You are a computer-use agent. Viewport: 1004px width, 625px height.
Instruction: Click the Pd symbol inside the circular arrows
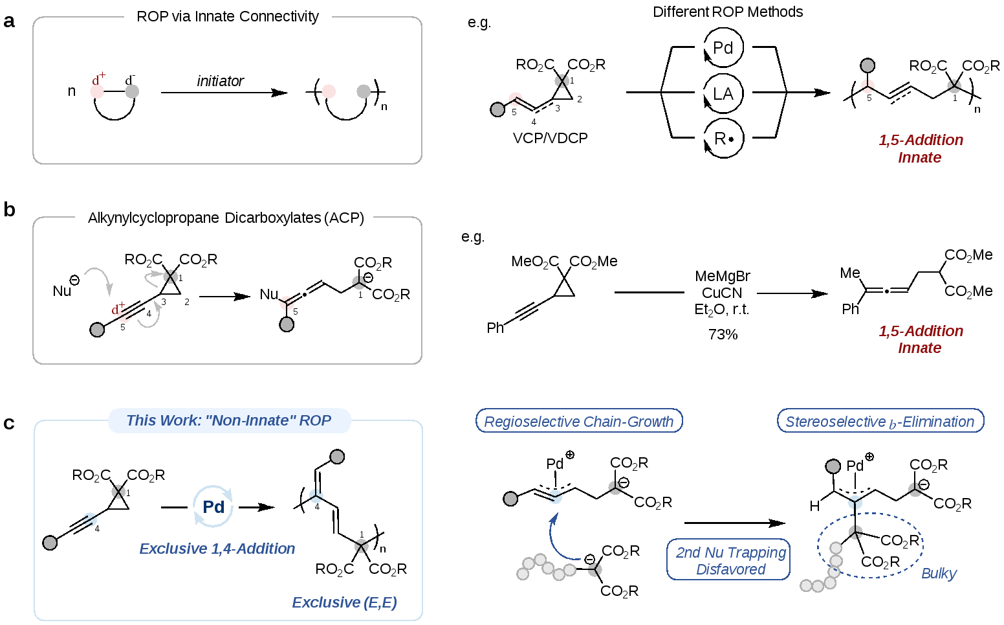[213, 506]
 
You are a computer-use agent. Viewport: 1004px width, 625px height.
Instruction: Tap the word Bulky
[939, 573]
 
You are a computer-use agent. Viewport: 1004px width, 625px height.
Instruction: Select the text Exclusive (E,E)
[344, 602]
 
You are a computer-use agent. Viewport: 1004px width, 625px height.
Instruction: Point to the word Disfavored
[730, 569]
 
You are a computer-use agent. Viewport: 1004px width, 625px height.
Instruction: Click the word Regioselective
[530, 422]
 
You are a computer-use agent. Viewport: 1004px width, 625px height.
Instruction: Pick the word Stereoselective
[835, 422]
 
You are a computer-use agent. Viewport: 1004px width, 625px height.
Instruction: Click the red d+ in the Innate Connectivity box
[98, 80]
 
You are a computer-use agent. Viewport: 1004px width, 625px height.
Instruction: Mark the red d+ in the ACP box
[118, 309]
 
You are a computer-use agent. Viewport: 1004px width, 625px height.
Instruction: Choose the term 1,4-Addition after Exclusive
[253, 549]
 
